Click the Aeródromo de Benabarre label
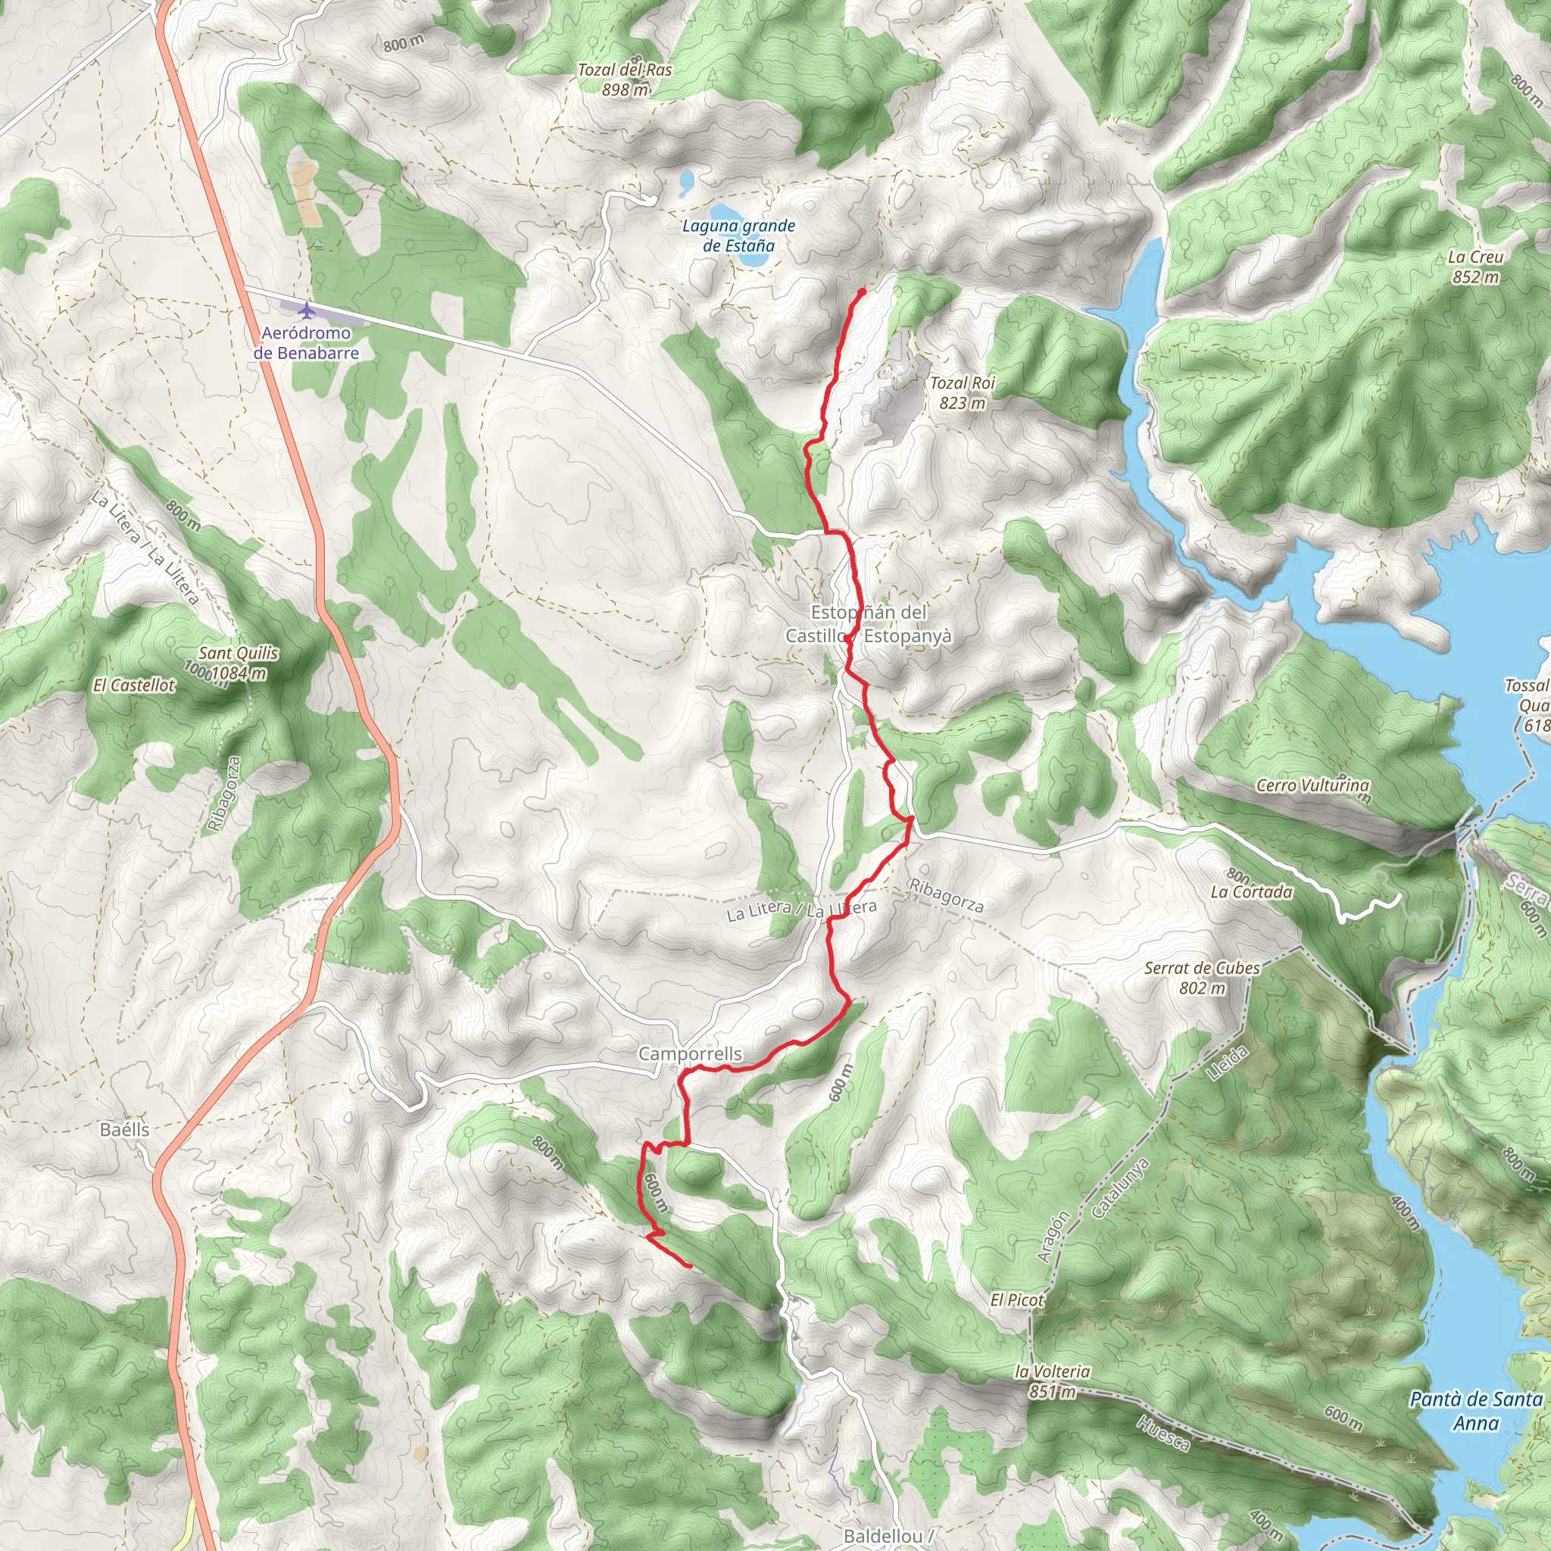pyautogui.click(x=306, y=343)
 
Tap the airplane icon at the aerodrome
pyautogui.click(x=305, y=311)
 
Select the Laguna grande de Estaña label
pyautogui.click(x=738, y=236)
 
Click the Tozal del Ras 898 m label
pyautogui.click(x=625, y=80)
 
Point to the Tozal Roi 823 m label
pyautogui.click(x=962, y=392)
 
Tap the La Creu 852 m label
pyautogui.click(x=1475, y=267)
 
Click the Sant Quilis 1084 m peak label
pyautogui.click(x=238, y=663)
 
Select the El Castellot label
pyautogui.click(x=133, y=685)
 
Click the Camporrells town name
pyautogui.click(x=690, y=1053)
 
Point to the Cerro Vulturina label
pyautogui.click(x=1312, y=785)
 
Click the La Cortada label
pyautogui.click(x=1252, y=892)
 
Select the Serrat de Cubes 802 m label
pyautogui.click(x=1202, y=978)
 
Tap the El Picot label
pyautogui.click(x=1016, y=1300)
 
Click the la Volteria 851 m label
pyautogui.click(x=1052, y=1381)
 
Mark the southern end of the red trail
pyautogui.click(x=691, y=1266)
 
